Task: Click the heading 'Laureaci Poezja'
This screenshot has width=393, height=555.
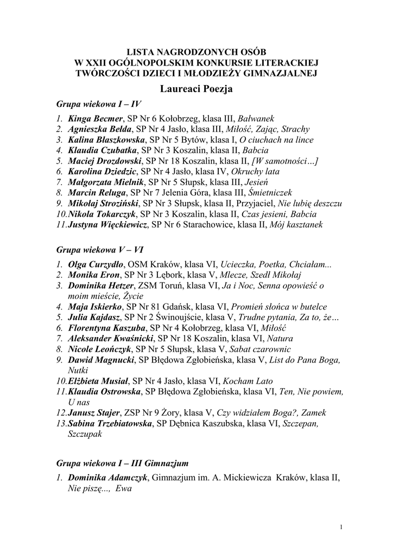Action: pos(196,89)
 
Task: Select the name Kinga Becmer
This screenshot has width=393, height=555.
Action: pos(96,118)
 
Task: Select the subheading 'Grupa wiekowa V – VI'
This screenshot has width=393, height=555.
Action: pos(100,250)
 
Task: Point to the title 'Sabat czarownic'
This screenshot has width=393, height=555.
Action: pos(261,350)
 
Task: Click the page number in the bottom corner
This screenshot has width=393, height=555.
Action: pos(340,527)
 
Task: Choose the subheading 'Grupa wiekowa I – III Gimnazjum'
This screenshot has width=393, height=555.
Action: pos(122,463)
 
